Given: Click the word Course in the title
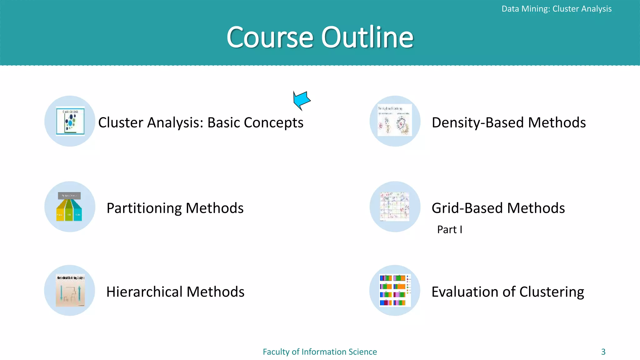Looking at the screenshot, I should (x=270, y=37).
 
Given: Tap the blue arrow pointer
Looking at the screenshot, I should (x=301, y=100).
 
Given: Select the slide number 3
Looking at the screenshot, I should (x=603, y=352).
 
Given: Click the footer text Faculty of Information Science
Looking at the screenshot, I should (x=320, y=352).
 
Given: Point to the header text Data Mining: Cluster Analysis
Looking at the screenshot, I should (x=556, y=9).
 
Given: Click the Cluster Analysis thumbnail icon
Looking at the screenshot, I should (x=70, y=121).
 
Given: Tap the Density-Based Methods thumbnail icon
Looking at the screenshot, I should (x=395, y=121).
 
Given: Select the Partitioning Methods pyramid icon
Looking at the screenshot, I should (x=69, y=207).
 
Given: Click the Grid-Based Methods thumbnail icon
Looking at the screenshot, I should (x=395, y=207).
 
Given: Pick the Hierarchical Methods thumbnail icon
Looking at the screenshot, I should (x=70, y=291).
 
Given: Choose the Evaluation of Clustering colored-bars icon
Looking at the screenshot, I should (x=395, y=290).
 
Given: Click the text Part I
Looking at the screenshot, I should (x=449, y=230).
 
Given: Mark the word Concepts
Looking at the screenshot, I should (x=273, y=123).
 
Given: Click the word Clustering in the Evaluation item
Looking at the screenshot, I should (x=552, y=292).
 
